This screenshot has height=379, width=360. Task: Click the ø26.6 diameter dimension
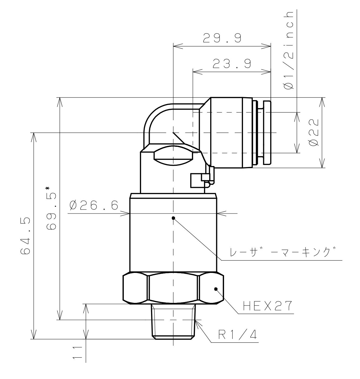pyautogui.click(x=94, y=206)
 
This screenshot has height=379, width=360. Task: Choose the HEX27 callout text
pyautogui.click(x=268, y=306)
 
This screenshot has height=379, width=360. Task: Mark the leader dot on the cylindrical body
pyautogui.click(x=174, y=218)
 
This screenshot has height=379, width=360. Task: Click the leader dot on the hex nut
pyautogui.click(x=216, y=289)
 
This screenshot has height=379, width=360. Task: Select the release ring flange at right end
pyautogui.click(x=266, y=133)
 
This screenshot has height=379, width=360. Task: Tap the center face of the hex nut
pyautogui.click(x=173, y=288)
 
